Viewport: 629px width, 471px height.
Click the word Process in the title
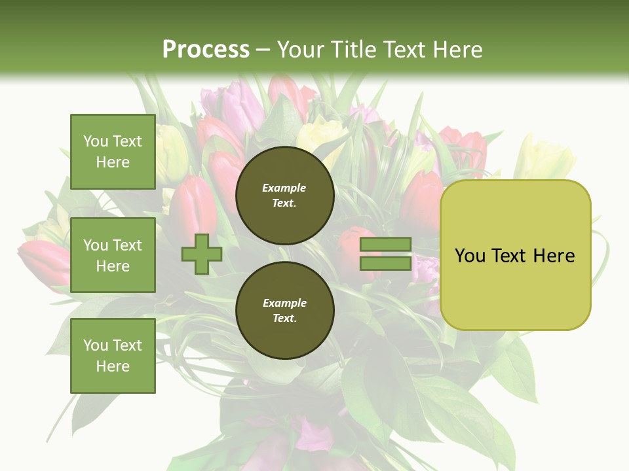pyautogui.click(x=206, y=50)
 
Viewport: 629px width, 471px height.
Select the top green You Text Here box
pyautogui.click(x=113, y=152)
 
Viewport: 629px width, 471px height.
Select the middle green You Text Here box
pyautogui.click(x=113, y=255)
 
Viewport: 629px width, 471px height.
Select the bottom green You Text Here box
pyautogui.click(x=113, y=356)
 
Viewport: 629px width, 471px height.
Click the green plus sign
pyautogui.click(x=202, y=254)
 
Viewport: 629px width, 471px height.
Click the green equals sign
pyautogui.click(x=385, y=254)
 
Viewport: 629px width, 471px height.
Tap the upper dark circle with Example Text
pyautogui.click(x=284, y=195)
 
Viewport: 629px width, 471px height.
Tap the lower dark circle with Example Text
pyautogui.click(x=284, y=310)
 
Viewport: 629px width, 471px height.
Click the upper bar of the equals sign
pyautogui.click(x=385, y=245)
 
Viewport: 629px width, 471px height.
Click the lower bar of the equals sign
pyautogui.click(x=385, y=263)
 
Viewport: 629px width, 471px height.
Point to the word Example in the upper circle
pyautogui.click(x=284, y=188)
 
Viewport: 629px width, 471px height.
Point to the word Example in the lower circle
pyautogui.click(x=284, y=303)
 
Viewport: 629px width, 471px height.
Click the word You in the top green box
pyautogui.click(x=96, y=141)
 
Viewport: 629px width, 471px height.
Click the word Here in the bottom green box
pyautogui.click(x=113, y=366)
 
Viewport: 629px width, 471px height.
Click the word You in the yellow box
pyautogui.click(x=470, y=256)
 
